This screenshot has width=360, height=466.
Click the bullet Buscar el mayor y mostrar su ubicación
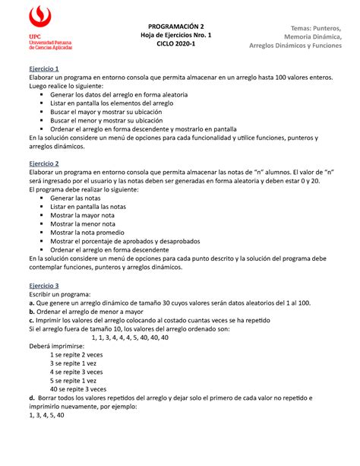pyautogui.click(x=121, y=110)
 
